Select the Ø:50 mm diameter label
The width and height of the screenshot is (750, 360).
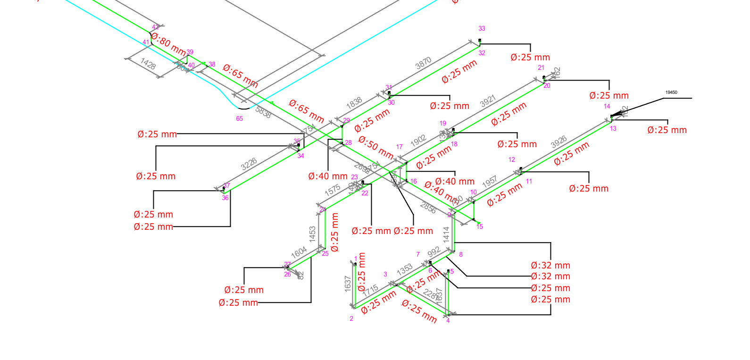375,148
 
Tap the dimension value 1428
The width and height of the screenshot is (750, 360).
148,64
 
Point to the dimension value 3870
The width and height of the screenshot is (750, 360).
423,63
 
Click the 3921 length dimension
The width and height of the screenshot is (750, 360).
488,101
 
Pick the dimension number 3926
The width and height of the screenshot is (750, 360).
558,142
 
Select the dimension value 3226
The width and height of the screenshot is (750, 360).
249,164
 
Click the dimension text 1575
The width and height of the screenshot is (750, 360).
333,190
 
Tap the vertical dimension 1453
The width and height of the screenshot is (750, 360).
312,234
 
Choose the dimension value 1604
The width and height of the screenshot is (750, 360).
299,252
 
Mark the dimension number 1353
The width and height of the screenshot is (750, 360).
405,270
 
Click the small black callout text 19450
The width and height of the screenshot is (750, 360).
671,92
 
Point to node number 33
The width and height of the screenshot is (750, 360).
482,29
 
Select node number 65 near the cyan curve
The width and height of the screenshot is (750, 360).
240,118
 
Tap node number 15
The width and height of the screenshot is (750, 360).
480,227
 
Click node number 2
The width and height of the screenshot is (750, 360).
351,319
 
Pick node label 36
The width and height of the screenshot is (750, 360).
225,198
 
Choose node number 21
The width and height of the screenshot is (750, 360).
541,68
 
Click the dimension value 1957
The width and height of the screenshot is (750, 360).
490,182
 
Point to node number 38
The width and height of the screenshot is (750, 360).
212,65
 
